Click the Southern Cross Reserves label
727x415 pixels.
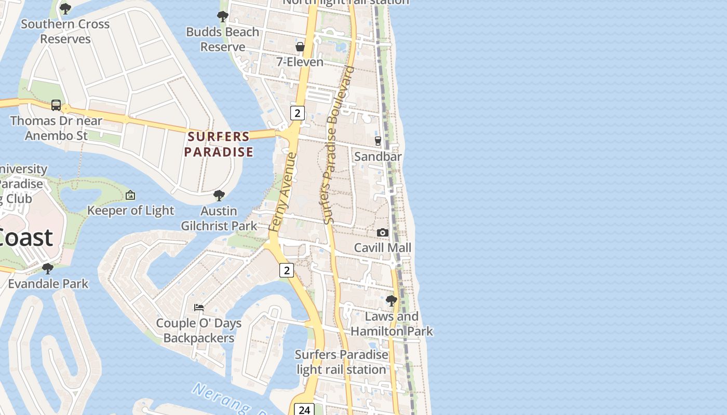65,31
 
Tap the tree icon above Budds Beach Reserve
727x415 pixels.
223,17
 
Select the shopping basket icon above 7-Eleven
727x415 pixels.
300,47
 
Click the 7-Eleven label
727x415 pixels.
300,62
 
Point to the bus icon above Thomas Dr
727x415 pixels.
56,105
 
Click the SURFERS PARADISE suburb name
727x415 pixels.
219,144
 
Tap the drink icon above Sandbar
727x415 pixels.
378,141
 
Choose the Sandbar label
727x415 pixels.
378,156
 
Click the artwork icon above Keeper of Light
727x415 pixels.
130,196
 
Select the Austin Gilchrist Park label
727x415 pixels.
219,218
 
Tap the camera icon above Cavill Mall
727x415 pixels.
383,232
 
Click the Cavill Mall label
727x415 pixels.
383,247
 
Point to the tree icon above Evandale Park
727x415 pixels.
48,269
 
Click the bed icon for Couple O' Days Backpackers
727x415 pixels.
199,308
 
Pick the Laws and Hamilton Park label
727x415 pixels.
392,324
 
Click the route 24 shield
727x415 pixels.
304,409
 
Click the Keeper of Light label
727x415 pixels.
130,210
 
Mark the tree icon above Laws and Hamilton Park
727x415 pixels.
392,300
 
